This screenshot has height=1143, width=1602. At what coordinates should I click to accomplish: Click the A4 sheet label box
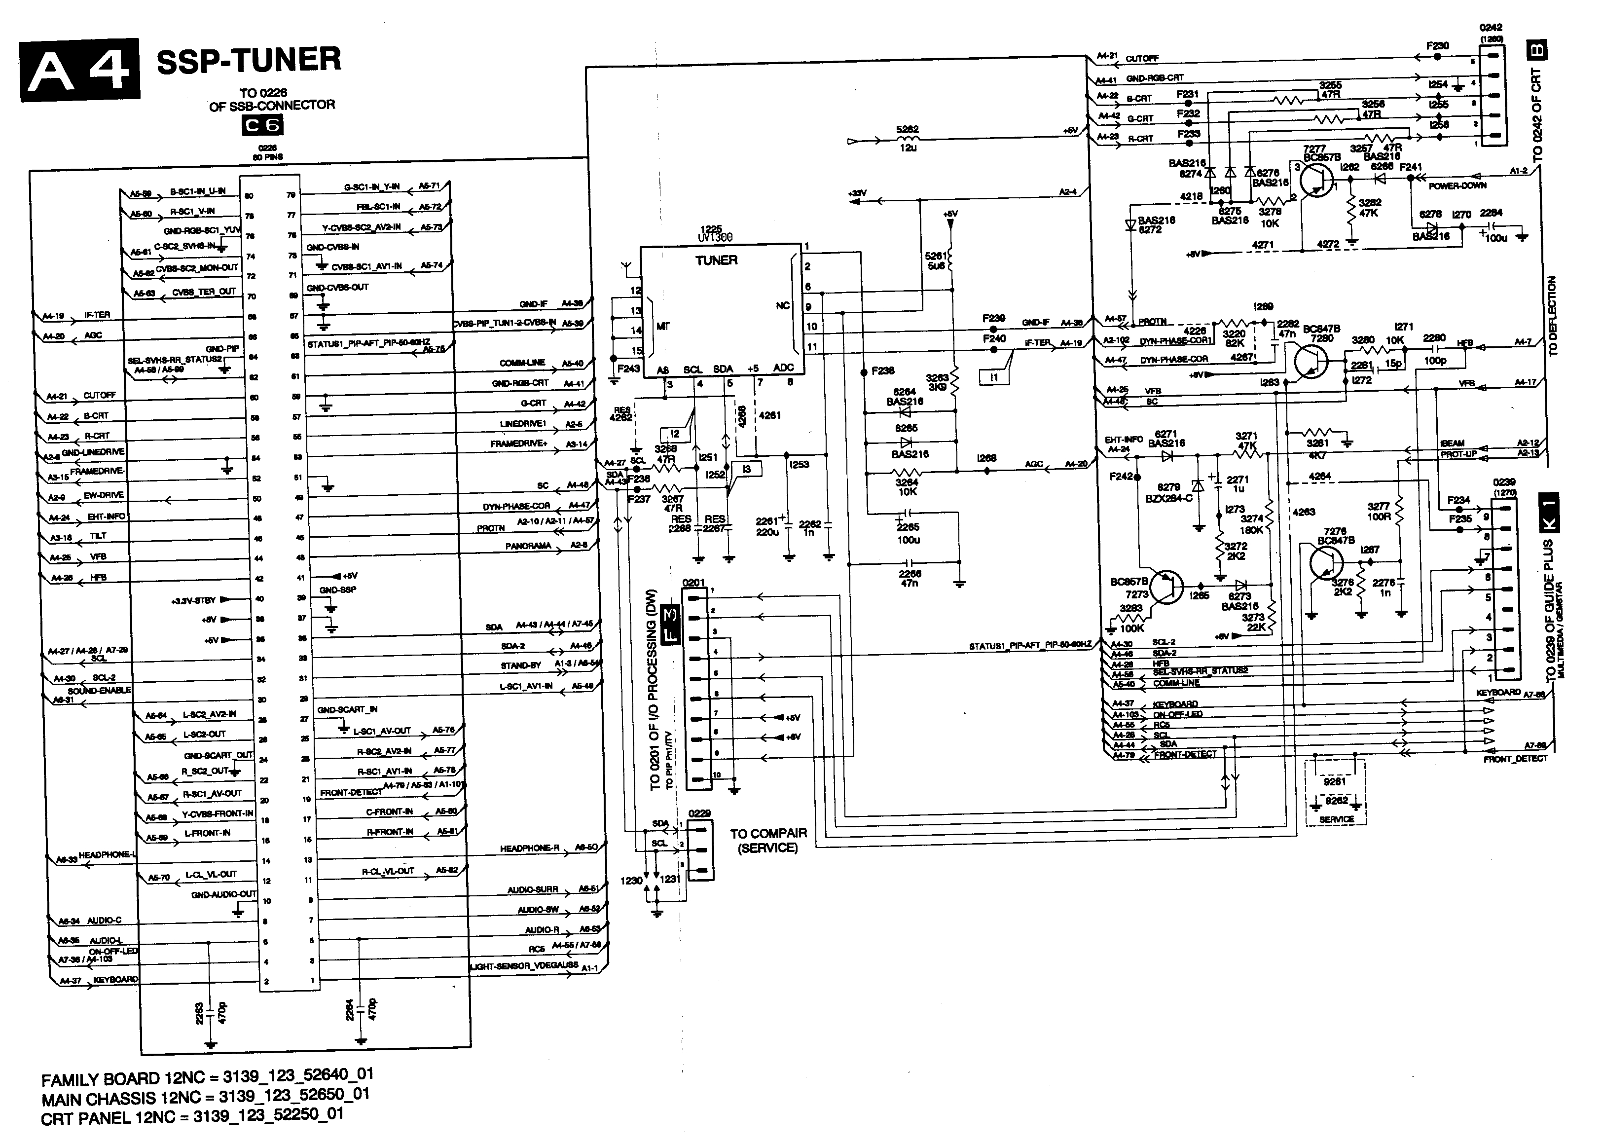click(x=79, y=68)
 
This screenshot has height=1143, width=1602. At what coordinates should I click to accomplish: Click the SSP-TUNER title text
click(x=249, y=61)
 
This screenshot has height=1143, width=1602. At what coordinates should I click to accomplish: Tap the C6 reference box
click(x=262, y=125)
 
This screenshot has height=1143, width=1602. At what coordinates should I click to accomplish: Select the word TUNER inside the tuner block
click(x=716, y=260)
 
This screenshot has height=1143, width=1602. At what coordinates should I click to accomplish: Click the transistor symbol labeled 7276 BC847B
click(x=1327, y=562)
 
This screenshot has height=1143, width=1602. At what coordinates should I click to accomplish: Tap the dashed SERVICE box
click(x=1335, y=792)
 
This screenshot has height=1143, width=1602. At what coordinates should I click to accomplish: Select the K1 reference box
click(x=1550, y=513)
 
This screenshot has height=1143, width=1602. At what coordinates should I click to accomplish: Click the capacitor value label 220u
click(x=767, y=532)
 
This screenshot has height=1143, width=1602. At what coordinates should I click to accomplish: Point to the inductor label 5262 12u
click(x=908, y=139)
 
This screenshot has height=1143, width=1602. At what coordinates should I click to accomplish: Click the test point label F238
click(x=882, y=371)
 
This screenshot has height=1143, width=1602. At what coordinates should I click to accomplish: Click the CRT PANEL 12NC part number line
click(x=192, y=1115)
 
